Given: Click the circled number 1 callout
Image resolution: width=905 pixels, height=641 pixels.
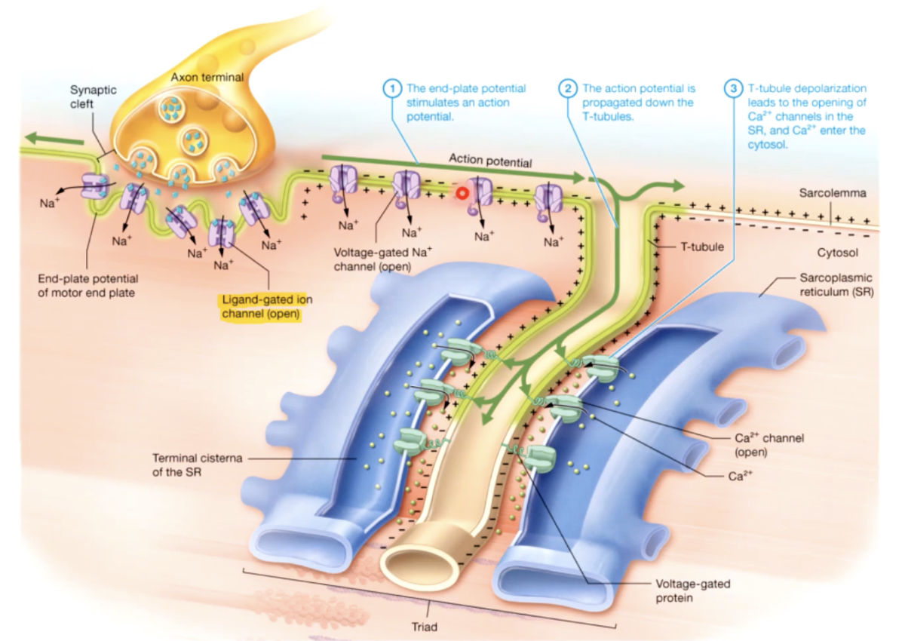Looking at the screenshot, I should tap(391, 88).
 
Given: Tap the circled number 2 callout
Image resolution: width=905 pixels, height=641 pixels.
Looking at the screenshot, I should tap(568, 88).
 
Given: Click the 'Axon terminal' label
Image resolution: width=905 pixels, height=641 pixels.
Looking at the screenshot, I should tap(196, 77).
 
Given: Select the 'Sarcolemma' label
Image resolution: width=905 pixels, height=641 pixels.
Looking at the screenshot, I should tap(833, 193).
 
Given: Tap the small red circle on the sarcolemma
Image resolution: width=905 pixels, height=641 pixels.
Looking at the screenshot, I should tap(461, 192).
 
